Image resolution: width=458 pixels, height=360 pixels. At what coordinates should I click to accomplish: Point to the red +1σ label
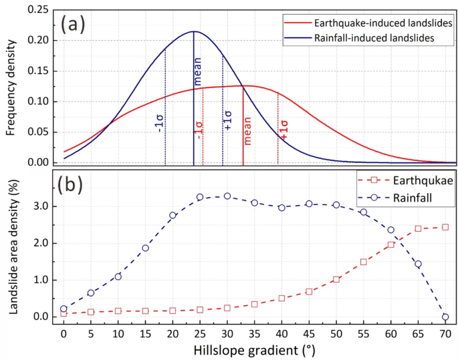pyautogui.click(x=285, y=130)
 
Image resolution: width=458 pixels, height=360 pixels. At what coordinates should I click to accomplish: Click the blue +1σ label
pyautogui.click(x=227, y=116)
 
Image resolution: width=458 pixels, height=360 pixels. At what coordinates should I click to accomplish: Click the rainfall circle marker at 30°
pyautogui.click(x=227, y=196)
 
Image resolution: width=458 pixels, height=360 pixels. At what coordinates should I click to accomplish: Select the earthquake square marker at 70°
pyautogui.click(x=445, y=227)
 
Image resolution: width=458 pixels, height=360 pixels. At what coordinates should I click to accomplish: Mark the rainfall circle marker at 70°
pyautogui.click(x=445, y=317)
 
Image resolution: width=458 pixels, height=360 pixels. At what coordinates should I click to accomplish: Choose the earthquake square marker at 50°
pyautogui.click(x=336, y=279)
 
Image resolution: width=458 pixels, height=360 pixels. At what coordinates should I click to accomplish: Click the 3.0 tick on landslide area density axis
pyautogui.click(x=44, y=206)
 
